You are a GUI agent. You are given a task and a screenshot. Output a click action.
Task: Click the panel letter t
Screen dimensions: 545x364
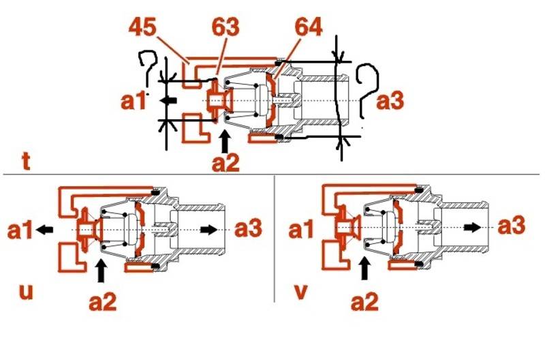point(26,162)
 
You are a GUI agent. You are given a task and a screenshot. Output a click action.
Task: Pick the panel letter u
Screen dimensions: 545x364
point(26,291)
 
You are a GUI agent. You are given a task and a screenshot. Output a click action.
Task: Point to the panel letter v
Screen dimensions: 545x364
point(300,292)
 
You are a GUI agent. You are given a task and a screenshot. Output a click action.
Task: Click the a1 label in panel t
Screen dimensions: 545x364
point(134,101)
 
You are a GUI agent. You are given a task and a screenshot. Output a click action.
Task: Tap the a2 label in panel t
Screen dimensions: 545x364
point(226,163)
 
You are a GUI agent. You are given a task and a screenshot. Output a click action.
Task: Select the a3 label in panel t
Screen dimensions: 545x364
point(390,101)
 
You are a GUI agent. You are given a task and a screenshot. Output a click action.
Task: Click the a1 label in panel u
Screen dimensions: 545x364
point(20,230)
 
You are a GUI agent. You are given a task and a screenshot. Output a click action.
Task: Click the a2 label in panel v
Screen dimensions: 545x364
point(364,302)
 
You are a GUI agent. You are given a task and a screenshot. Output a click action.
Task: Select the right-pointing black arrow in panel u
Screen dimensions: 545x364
point(209,230)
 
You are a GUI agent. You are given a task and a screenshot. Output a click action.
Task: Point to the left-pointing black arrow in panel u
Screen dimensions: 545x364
point(44,229)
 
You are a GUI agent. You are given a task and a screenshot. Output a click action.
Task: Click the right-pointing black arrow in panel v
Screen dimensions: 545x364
point(473,227)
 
